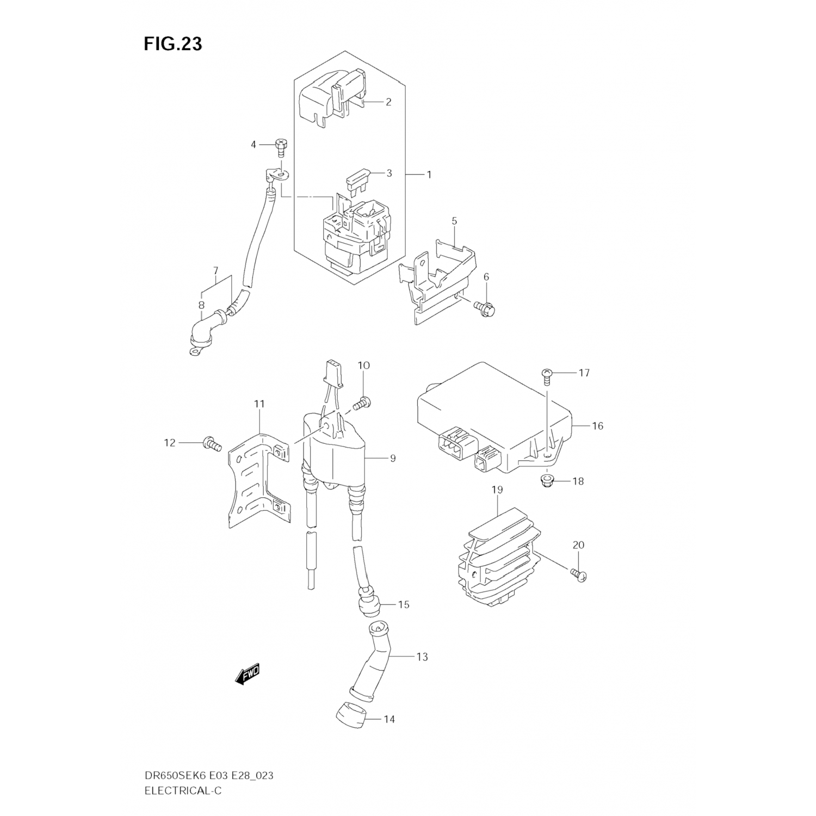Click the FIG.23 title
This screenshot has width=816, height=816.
point(173,44)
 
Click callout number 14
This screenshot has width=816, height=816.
point(389,719)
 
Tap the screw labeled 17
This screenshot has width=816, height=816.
point(546,375)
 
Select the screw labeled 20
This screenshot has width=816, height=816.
point(579,575)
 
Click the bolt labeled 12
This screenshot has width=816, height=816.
point(211,443)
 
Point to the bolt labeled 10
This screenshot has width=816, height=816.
point(362,403)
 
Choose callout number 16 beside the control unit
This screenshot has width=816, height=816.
point(597,425)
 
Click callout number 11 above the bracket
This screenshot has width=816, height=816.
point(259,404)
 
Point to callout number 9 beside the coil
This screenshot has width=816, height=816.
point(392,458)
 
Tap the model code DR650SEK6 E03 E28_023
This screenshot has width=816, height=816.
point(208,775)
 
